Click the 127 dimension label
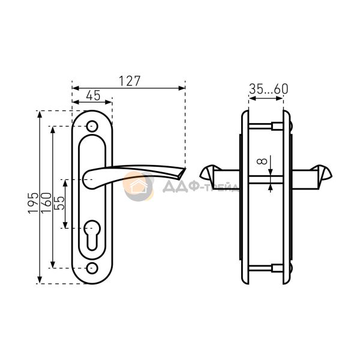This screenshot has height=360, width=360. point(129,81)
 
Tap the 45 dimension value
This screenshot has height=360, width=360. point(93,95)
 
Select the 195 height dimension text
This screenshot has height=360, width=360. point(33,203)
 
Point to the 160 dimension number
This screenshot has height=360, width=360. point(46,203)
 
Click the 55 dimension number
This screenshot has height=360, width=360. point(59,203)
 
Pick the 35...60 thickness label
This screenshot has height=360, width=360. point(269,89)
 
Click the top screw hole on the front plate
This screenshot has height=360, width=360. point(92,126)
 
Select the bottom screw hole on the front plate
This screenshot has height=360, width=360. point(92,268)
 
